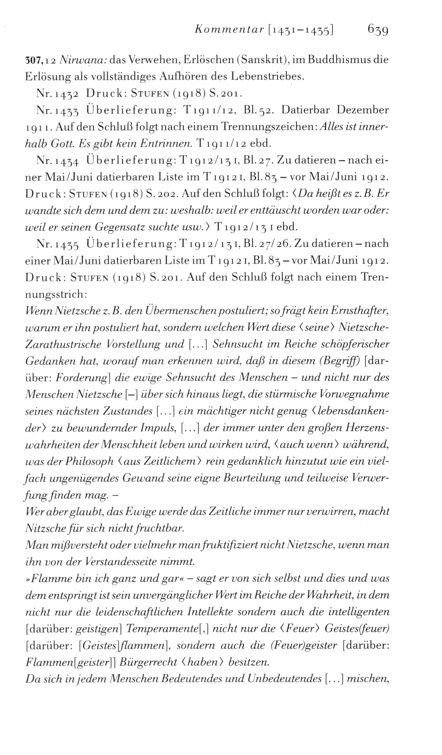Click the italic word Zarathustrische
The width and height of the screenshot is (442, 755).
pos(63,343)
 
